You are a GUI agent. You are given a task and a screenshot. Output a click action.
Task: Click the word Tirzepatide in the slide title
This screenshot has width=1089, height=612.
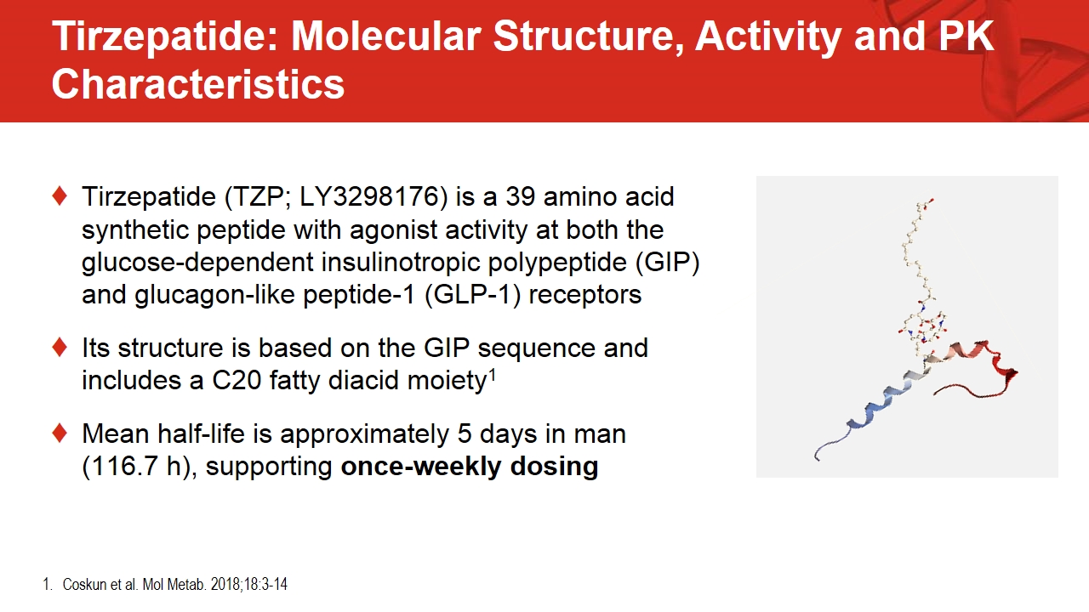(x=165, y=37)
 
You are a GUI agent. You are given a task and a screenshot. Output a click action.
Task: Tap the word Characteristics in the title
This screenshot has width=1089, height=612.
(x=198, y=84)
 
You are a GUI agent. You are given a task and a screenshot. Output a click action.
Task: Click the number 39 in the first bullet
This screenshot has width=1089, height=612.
(x=520, y=197)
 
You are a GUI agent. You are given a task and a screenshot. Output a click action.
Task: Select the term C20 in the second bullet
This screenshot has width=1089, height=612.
(x=237, y=380)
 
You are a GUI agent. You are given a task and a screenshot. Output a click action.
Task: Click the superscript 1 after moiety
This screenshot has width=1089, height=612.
(x=492, y=374)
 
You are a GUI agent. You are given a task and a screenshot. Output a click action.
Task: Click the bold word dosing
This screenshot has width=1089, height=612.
(x=554, y=467)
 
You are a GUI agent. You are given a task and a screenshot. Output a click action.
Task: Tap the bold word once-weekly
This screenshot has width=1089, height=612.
(x=421, y=467)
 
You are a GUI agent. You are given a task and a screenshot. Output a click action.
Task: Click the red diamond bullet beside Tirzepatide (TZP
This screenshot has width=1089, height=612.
(x=60, y=196)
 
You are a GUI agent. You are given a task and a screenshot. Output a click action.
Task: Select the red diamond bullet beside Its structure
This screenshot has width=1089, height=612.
(x=60, y=348)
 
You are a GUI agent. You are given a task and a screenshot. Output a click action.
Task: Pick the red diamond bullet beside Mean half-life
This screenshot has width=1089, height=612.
(x=60, y=433)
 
